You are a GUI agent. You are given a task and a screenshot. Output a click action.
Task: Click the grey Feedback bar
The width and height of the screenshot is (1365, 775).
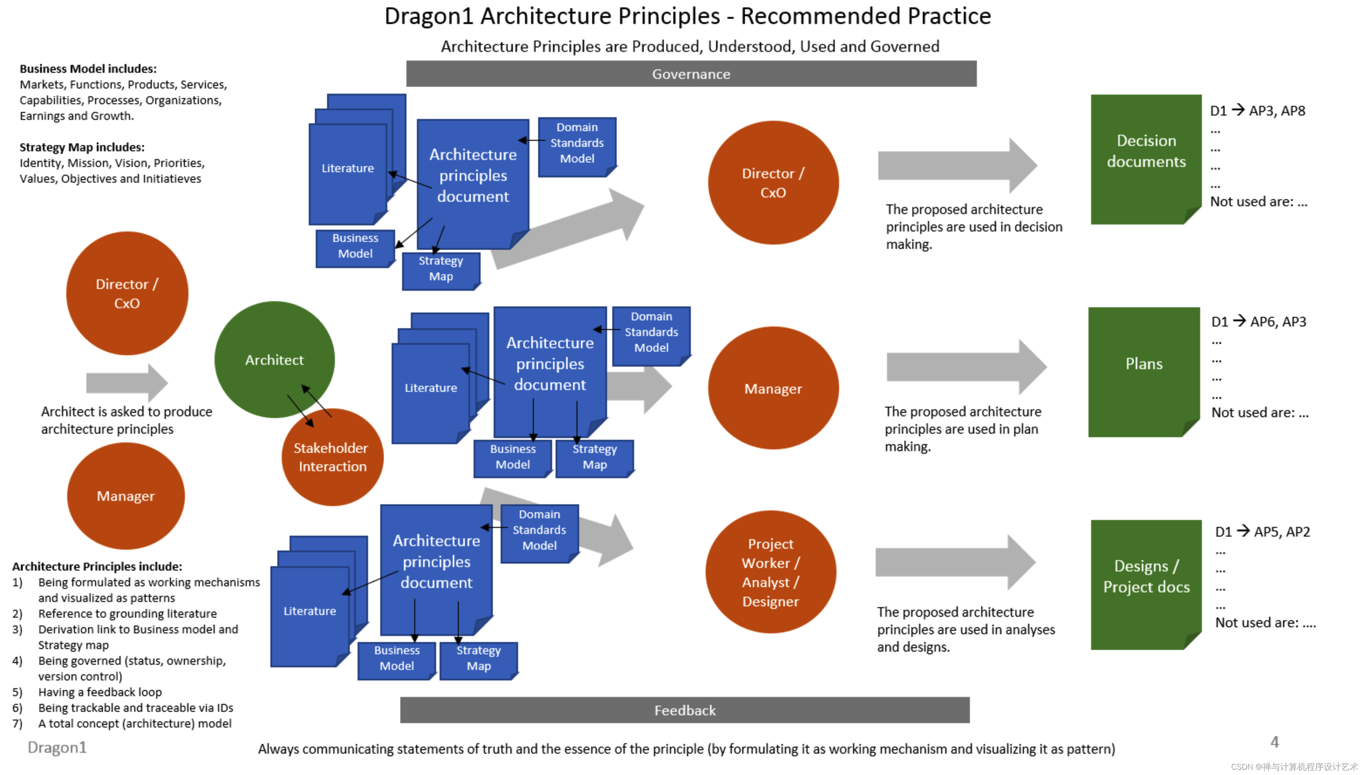[x=684, y=710]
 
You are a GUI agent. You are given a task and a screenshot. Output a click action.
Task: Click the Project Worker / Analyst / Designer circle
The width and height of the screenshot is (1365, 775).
[x=770, y=572]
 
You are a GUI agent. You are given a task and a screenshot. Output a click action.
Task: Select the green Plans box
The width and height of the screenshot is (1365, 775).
[x=1143, y=371]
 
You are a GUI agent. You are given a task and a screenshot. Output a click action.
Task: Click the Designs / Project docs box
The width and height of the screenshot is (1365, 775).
[x=1145, y=584]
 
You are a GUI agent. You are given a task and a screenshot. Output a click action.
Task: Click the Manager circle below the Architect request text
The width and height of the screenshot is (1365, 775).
[x=126, y=496]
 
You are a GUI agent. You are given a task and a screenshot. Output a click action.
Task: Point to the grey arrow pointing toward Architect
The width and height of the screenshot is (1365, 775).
[x=127, y=383]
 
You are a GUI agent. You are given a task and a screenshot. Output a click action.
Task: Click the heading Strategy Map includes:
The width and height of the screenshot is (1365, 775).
[x=82, y=147]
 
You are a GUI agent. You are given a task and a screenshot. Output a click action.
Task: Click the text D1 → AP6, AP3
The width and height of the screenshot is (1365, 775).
[x=1259, y=322]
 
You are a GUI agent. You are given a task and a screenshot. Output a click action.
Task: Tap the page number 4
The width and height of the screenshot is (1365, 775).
[x=1274, y=741]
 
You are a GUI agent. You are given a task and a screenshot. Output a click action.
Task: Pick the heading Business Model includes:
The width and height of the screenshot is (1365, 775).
[x=88, y=69]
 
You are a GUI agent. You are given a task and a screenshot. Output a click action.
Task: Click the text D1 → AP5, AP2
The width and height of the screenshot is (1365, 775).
[x=1262, y=532]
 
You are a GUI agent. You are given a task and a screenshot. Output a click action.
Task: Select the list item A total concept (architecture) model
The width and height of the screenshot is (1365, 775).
[x=134, y=724]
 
